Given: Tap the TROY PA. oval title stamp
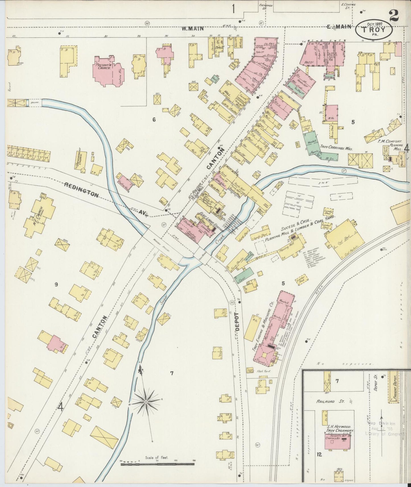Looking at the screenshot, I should pyautogui.click(x=374, y=30).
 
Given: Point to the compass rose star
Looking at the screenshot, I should pyautogui.click(x=146, y=401).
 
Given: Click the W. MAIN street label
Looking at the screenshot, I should pyautogui.click(x=193, y=28).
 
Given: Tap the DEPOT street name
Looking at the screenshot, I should pyautogui.click(x=237, y=321).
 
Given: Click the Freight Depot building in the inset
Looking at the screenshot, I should pyautogui.click(x=394, y=387).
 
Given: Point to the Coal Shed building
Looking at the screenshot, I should pyautogui.click(x=345, y=239).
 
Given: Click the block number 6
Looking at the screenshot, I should pyautogui.click(x=154, y=120).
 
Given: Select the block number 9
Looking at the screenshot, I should pyautogui.click(x=56, y=284).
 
